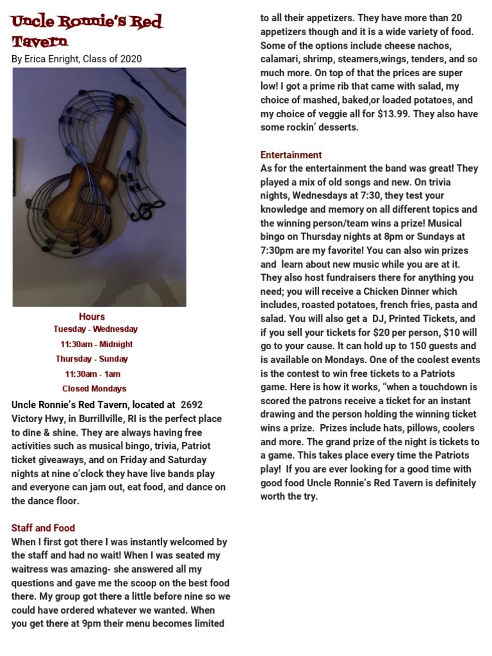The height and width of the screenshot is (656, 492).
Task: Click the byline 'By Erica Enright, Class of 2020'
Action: pos(77,59)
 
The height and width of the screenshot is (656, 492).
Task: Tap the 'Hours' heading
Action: pos(92,316)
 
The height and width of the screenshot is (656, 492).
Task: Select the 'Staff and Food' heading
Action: pos(43,528)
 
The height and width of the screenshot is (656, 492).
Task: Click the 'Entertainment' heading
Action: pos(291,155)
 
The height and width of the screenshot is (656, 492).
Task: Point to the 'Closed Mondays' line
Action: pos(94,389)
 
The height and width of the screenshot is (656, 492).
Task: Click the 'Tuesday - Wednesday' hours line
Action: pos(95,329)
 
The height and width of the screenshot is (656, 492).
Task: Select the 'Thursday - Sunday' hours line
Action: pos(92,359)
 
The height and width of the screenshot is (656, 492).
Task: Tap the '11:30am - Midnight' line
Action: pos(96,344)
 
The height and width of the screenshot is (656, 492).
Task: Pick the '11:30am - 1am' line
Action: pos(92,374)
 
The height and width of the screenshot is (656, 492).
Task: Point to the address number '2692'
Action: pos(192,405)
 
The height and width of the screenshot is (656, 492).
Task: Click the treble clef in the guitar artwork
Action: pos(154,208)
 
